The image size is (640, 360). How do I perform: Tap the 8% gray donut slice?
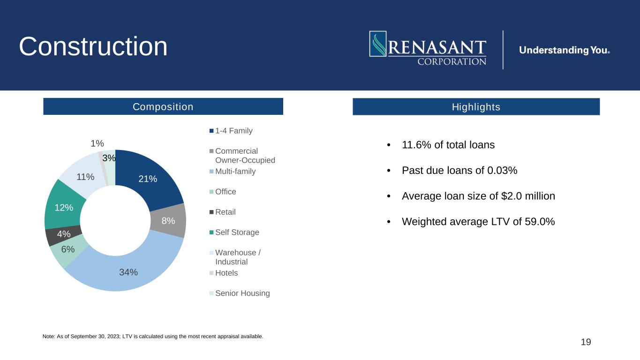click(171, 220)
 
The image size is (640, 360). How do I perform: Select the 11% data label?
click(85, 177)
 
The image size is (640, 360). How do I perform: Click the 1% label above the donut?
click(98, 143)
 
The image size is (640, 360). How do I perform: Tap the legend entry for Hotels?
click(226, 273)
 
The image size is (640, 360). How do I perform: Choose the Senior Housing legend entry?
click(242, 293)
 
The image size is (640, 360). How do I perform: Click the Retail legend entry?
click(225, 212)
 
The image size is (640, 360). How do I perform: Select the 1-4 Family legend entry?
click(233, 131)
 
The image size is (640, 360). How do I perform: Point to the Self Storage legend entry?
click(237, 232)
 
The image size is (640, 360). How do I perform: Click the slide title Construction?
click(93, 46)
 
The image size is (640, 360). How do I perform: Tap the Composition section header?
click(163, 107)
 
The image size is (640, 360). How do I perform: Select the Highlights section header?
click(476, 107)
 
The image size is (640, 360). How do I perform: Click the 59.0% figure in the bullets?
click(541, 222)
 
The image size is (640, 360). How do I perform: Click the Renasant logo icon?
click(378, 44)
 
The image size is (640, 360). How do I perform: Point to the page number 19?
click(586, 342)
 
